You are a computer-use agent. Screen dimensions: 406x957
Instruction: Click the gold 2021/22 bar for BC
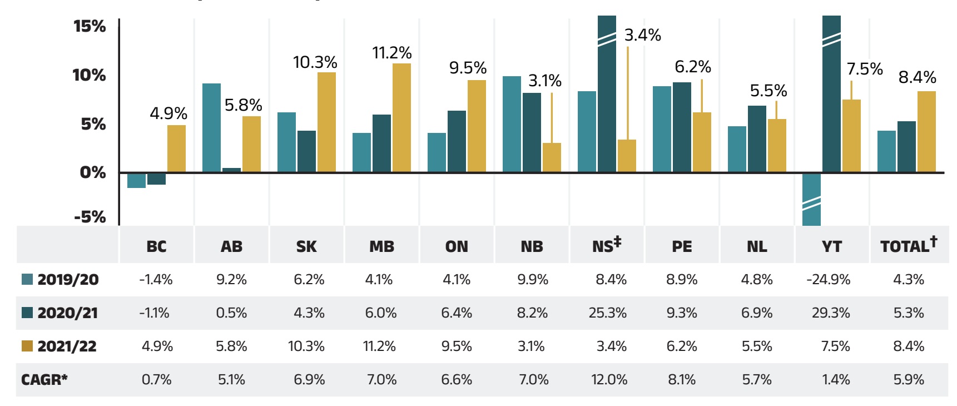[x=176, y=148]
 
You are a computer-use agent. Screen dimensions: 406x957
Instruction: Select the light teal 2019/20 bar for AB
[x=211, y=128]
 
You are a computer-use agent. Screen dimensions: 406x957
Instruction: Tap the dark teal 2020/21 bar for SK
[x=306, y=151]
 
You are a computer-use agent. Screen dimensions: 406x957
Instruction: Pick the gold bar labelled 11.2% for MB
[x=401, y=118]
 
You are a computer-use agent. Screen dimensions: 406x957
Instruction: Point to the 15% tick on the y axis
[x=90, y=26]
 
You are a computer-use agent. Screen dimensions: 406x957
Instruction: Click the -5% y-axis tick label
[x=90, y=216]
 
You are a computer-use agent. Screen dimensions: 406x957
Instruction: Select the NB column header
[x=532, y=246]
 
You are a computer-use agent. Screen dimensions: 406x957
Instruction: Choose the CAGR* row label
[x=44, y=380]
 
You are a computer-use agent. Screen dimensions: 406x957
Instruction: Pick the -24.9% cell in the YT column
[x=828, y=279]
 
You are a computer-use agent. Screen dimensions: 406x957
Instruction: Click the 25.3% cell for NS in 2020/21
[x=607, y=313]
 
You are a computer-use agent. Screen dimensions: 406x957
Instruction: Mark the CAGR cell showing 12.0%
[x=609, y=380]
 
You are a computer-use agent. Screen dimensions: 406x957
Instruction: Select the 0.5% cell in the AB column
[x=231, y=313]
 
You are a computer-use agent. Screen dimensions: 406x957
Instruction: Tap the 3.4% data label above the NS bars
[x=642, y=35]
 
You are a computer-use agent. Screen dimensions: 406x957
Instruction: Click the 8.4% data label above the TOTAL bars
[x=917, y=77]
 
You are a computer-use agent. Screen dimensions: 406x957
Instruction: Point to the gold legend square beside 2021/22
[x=27, y=346]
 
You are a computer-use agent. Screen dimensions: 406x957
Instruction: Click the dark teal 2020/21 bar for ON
[x=457, y=141]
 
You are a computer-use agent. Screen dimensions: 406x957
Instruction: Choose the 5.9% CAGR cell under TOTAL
[x=908, y=380]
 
